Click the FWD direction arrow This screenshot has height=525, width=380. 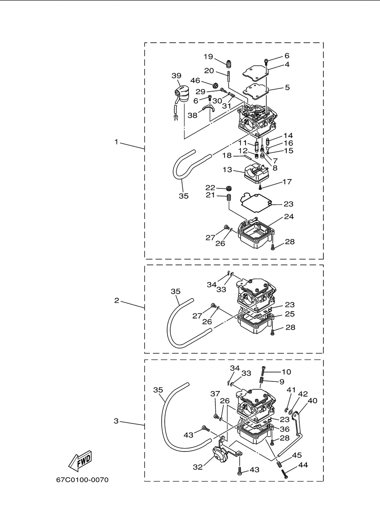[x=80, y=461]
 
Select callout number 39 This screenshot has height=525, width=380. [x=176, y=76]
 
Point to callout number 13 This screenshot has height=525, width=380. [x=227, y=170]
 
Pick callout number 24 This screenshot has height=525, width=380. [x=289, y=216]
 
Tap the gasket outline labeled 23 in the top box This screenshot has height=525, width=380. [x=255, y=203]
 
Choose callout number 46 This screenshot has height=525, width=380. [x=195, y=81]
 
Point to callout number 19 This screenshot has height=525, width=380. [x=208, y=57]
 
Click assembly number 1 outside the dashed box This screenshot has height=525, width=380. [x=116, y=142]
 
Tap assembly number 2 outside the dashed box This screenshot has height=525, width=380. [x=117, y=300]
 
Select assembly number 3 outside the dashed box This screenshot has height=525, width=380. [x=116, y=421]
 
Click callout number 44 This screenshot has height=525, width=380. [x=303, y=465]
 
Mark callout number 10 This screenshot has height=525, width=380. [x=286, y=372]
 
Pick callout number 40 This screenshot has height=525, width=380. [x=312, y=400]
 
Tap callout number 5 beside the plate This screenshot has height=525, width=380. [x=287, y=87]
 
